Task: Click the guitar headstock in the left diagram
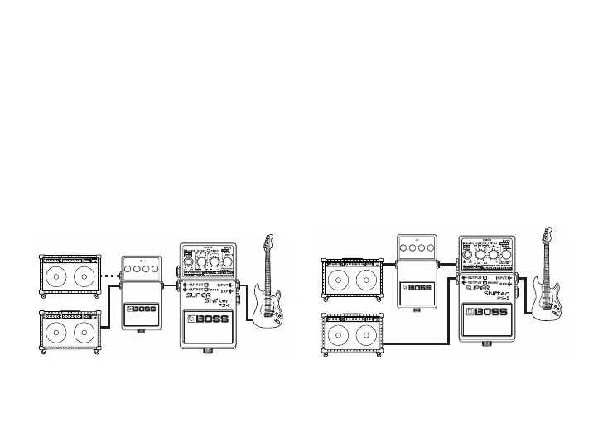click(268, 242)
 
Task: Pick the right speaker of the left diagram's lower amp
click(84, 333)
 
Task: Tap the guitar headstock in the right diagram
click(548, 233)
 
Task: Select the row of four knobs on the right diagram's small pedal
click(418, 246)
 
